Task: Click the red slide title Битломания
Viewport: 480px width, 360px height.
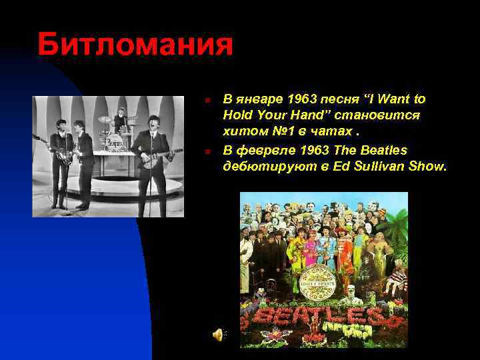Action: [x=135, y=45]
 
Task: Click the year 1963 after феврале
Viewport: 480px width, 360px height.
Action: [x=310, y=150]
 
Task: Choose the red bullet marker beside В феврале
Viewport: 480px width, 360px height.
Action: [x=207, y=151]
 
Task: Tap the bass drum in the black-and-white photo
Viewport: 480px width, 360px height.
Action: [x=113, y=142]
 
